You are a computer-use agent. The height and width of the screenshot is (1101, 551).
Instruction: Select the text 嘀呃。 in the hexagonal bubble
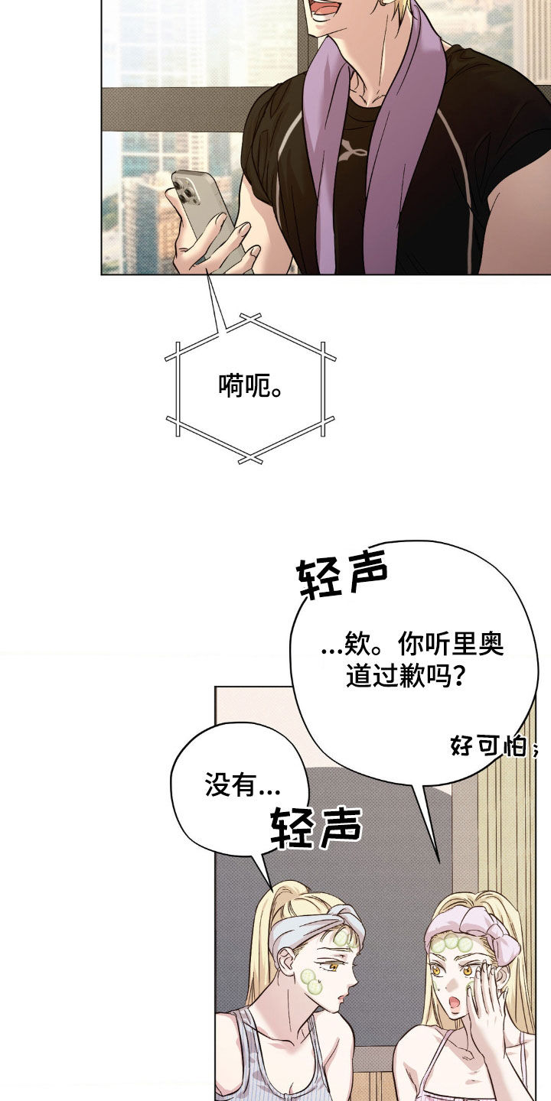pyautogui.click(x=250, y=386)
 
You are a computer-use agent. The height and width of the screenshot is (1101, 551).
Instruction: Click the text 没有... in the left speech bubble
pyautogui.click(x=243, y=784)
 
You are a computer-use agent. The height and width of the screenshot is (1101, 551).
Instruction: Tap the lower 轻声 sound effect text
pyautogui.click(x=316, y=827)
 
